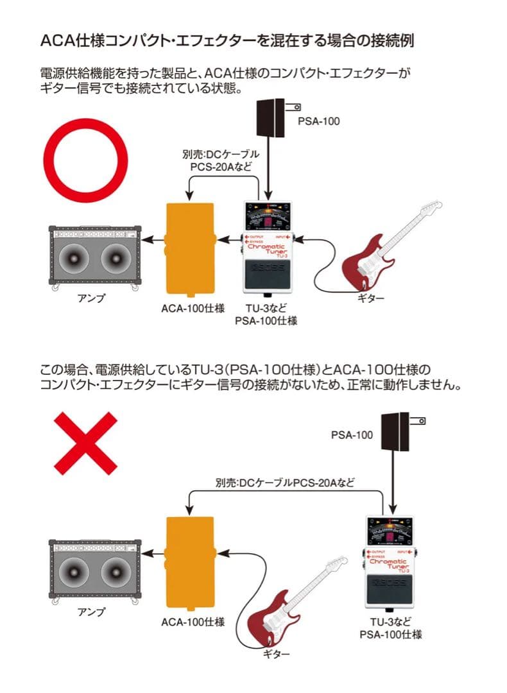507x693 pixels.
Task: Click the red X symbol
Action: pos(85,443)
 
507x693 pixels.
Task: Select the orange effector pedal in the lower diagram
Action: pos(191,561)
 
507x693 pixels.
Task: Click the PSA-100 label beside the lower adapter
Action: pos(352,434)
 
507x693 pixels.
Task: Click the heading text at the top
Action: pos(227,40)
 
